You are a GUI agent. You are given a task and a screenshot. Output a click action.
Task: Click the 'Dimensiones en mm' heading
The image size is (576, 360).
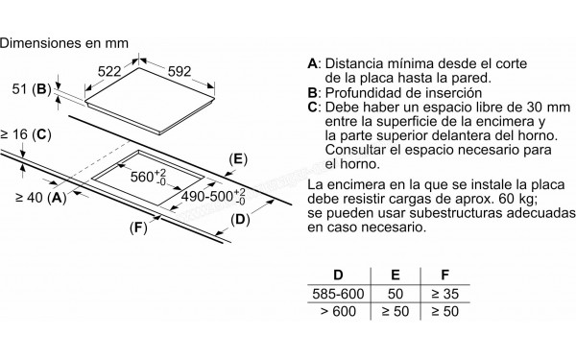[65, 41]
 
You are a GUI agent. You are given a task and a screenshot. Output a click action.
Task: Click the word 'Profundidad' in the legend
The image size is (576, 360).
[364, 92]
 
